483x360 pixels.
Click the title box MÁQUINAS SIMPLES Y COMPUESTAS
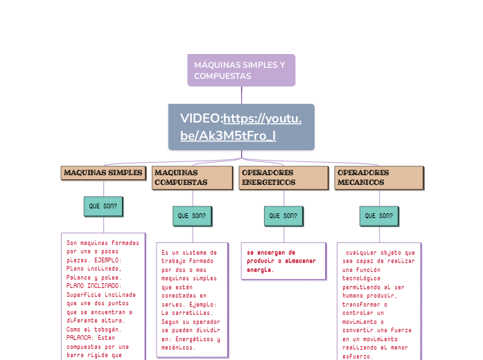241,70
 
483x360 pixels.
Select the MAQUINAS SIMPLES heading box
103,173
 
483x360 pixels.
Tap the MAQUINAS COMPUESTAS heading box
192,178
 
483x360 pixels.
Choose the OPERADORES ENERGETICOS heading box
283,178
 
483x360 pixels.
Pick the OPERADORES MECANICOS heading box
378,178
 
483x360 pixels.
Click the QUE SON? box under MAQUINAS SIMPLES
103,206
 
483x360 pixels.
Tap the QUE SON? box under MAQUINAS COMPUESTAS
192,216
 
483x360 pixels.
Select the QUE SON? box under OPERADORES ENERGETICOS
283,216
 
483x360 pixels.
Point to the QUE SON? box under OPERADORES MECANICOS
378,216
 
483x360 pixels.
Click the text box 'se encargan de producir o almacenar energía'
283,261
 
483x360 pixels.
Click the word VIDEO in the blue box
200,118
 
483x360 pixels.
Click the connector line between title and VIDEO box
241,95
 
